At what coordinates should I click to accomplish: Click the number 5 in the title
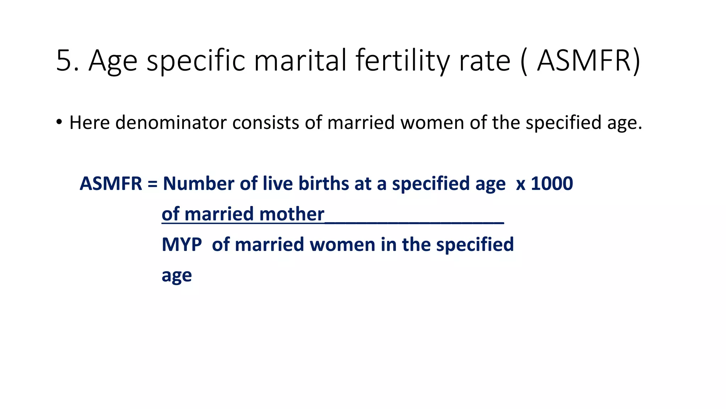pyautogui.click(x=64, y=61)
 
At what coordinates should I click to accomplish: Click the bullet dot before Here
pyautogui.click(x=59, y=122)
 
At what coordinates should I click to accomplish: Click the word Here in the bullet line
pyautogui.click(x=89, y=123)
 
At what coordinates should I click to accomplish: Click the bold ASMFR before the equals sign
pyautogui.click(x=111, y=184)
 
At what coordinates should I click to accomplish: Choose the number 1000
pyautogui.click(x=552, y=184)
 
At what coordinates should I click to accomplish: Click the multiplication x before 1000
pyautogui.click(x=520, y=185)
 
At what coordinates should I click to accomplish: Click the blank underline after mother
pyautogui.click(x=414, y=222)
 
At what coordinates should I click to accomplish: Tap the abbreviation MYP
pyautogui.click(x=181, y=245)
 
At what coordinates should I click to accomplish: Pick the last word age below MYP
pyautogui.click(x=177, y=276)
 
